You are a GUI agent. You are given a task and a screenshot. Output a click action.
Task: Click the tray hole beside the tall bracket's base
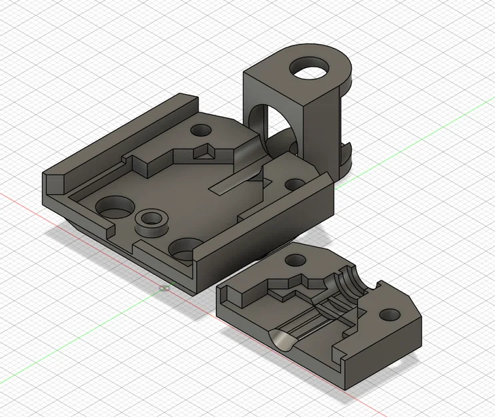coord(294,183)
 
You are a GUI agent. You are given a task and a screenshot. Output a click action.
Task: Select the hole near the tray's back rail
coord(200,129)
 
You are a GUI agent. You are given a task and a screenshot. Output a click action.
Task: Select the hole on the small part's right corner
coord(389,314)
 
